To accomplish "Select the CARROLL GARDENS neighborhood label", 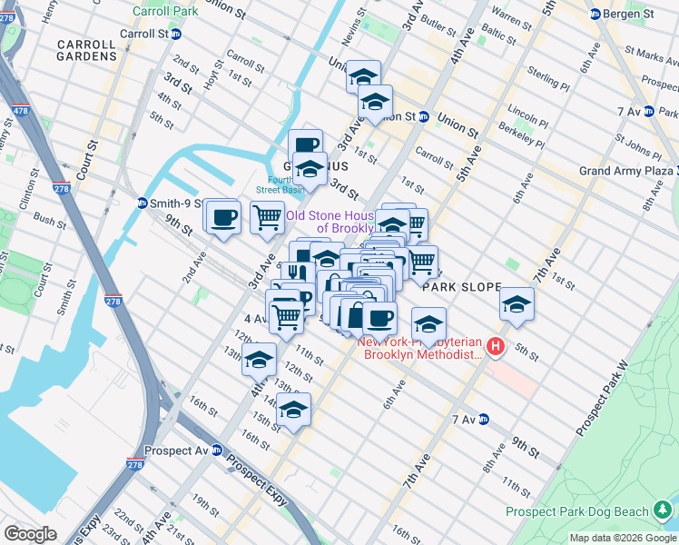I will pyautogui.click(x=86, y=50).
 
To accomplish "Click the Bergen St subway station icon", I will pyautogui.click(x=595, y=14).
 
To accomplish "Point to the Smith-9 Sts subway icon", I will pyautogui.click(x=143, y=203).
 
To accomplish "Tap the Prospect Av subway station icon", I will pyautogui.click(x=217, y=450).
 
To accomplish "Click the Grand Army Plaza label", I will pyautogui.click(x=626, y=171).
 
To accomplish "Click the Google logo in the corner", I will pyautogui.click(x=30, y=533).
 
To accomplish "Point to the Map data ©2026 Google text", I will pyautogui.click(x=623, y=538).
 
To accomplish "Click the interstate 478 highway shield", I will pyautogui.click(x=18, y=110).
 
